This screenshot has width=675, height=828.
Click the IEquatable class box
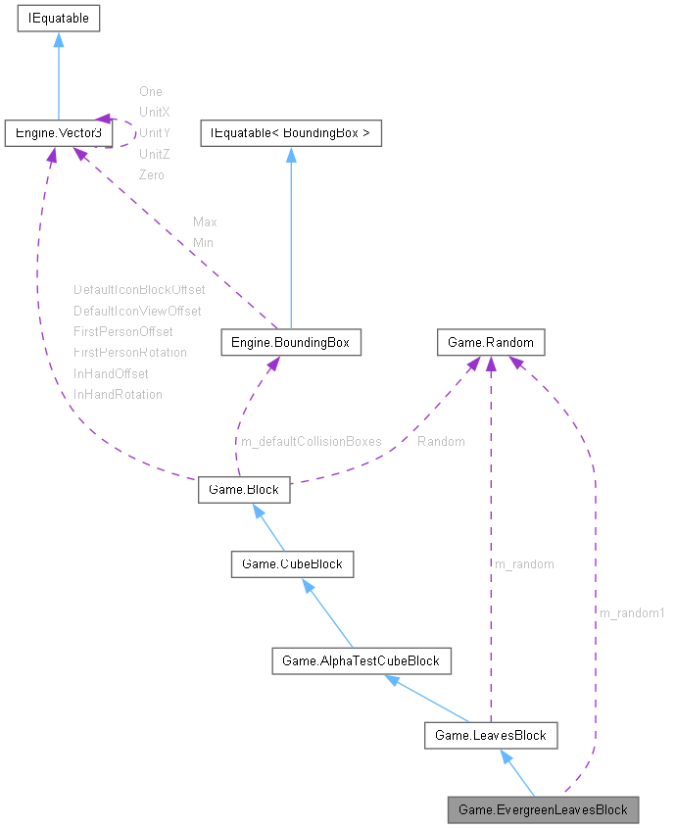58,18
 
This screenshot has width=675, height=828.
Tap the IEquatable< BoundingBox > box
290,132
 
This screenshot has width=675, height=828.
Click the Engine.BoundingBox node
291,342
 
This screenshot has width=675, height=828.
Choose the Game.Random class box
490,342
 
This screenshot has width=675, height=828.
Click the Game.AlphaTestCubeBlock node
361,661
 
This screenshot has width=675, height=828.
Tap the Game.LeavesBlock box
490,735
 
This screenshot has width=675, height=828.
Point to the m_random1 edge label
632,612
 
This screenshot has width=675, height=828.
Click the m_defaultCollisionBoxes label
312,441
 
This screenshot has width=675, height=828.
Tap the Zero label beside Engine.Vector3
152,174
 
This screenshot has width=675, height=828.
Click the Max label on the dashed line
205,221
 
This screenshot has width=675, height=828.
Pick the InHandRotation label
118,394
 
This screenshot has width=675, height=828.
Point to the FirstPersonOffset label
122,331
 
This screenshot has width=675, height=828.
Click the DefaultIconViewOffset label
137,311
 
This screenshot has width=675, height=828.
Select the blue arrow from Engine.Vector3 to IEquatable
58,74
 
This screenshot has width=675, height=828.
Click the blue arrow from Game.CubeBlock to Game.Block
268,526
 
